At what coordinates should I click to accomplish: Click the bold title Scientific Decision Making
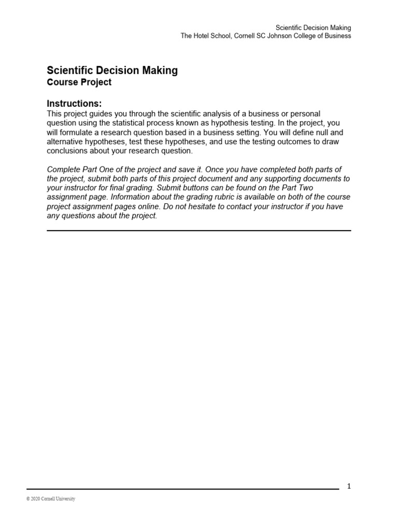click(112, 71)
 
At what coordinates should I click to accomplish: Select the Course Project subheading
click(79, 82)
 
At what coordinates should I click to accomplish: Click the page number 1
click(349, 486)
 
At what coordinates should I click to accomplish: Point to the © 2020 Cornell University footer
click(51, 499)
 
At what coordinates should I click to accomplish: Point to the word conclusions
click(68, 151)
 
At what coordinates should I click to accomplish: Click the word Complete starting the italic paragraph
click(63, 170)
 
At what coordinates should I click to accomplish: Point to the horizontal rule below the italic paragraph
click(199, 230)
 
